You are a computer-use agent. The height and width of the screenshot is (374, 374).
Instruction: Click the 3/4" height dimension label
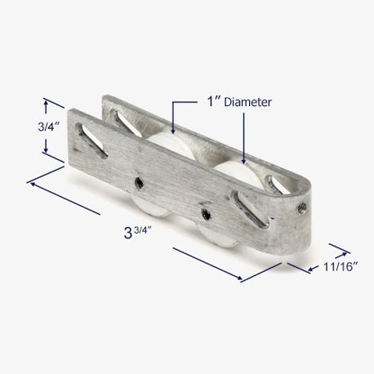click(48, 127)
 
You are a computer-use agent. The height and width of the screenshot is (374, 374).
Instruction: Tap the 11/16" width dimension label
click(341, 267)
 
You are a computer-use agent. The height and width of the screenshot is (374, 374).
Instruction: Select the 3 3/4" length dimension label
click(137, 233)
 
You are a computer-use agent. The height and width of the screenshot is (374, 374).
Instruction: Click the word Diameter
click(247, 102)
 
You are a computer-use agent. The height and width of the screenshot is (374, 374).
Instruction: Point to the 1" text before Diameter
click(213, 102)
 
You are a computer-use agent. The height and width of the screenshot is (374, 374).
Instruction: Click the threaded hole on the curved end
click(302, 208)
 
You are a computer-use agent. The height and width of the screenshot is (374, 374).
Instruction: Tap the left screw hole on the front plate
click(140, 182)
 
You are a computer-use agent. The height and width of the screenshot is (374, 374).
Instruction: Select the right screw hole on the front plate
click(206, 214)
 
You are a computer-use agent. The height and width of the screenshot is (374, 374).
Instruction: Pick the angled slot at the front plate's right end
click(250, 209)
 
